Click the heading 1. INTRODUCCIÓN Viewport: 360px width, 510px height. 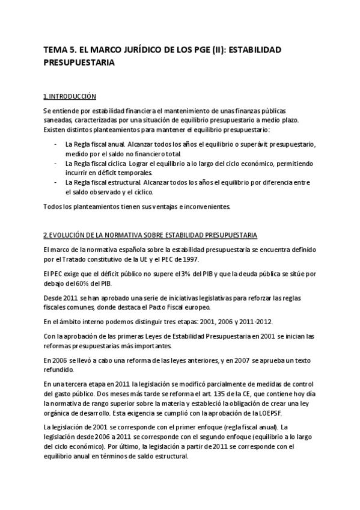click(x=70, y=96)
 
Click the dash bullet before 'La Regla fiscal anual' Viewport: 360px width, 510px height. click(x=56, y=145)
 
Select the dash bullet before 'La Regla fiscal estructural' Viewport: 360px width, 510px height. click(x=56, y=182)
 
